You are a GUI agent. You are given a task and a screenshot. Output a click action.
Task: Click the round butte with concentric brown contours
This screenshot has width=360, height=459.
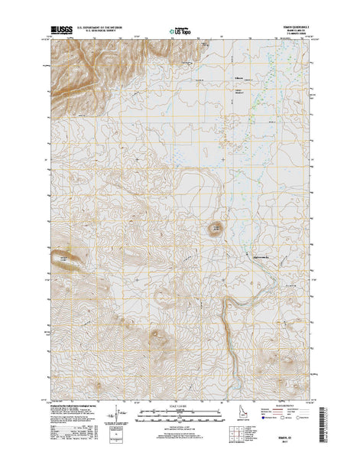coord(214,228)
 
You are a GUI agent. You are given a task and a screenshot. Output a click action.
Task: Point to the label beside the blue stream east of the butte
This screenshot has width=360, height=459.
coord(257,256)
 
